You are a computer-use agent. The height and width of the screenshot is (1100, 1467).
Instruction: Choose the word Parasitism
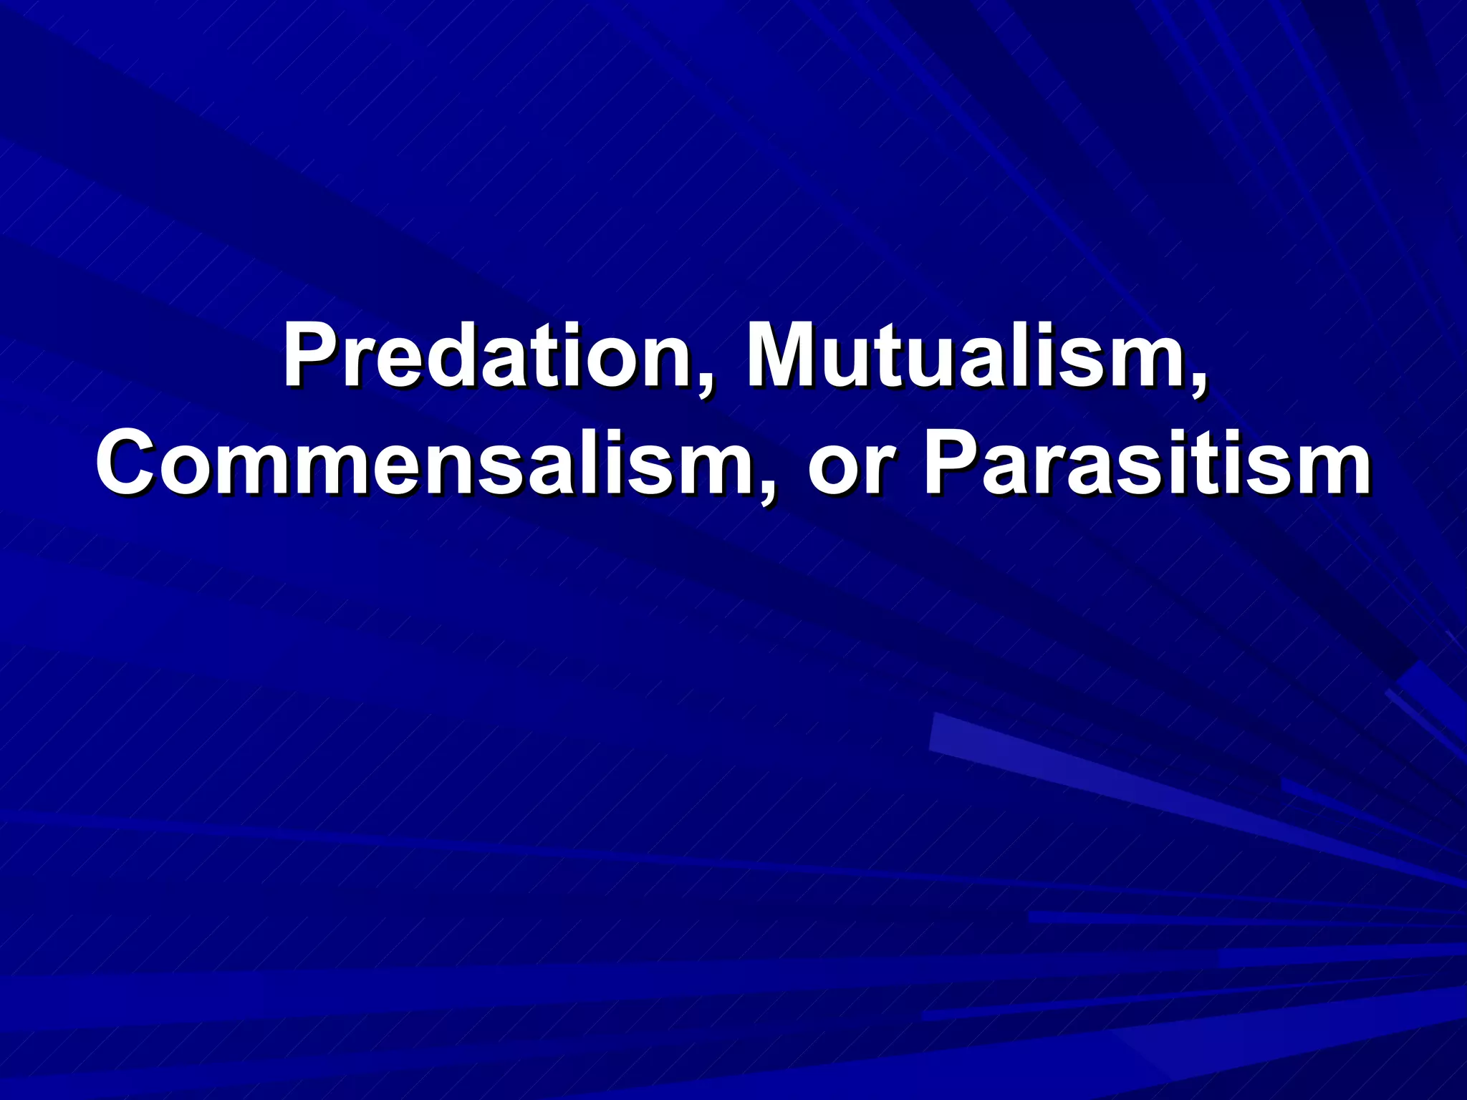coord(1147,465)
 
